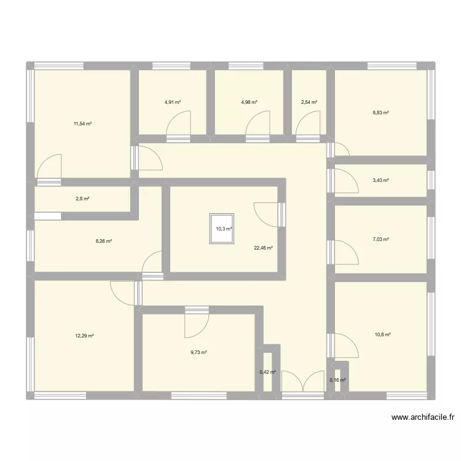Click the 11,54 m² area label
(x=82, y=124)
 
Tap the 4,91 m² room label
(x=173, y=102)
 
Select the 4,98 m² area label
(x=249, y=102)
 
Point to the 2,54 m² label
(x=309, y=102)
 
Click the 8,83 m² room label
(x=381, y=112)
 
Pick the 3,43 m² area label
(x=381, y=180)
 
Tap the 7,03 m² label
(x=381, y=240)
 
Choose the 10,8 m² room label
(x=382, y=335)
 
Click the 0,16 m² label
(x=338, y=380)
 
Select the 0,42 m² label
(x=268, y=372)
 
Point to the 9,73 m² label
(x=198, y=352)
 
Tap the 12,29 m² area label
(x=84, y=336)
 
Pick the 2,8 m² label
(x=82, y=199)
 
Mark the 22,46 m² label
(x=263, y=248)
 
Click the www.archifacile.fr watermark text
(x=423, y=417)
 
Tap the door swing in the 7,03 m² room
(x=345, y=252)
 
